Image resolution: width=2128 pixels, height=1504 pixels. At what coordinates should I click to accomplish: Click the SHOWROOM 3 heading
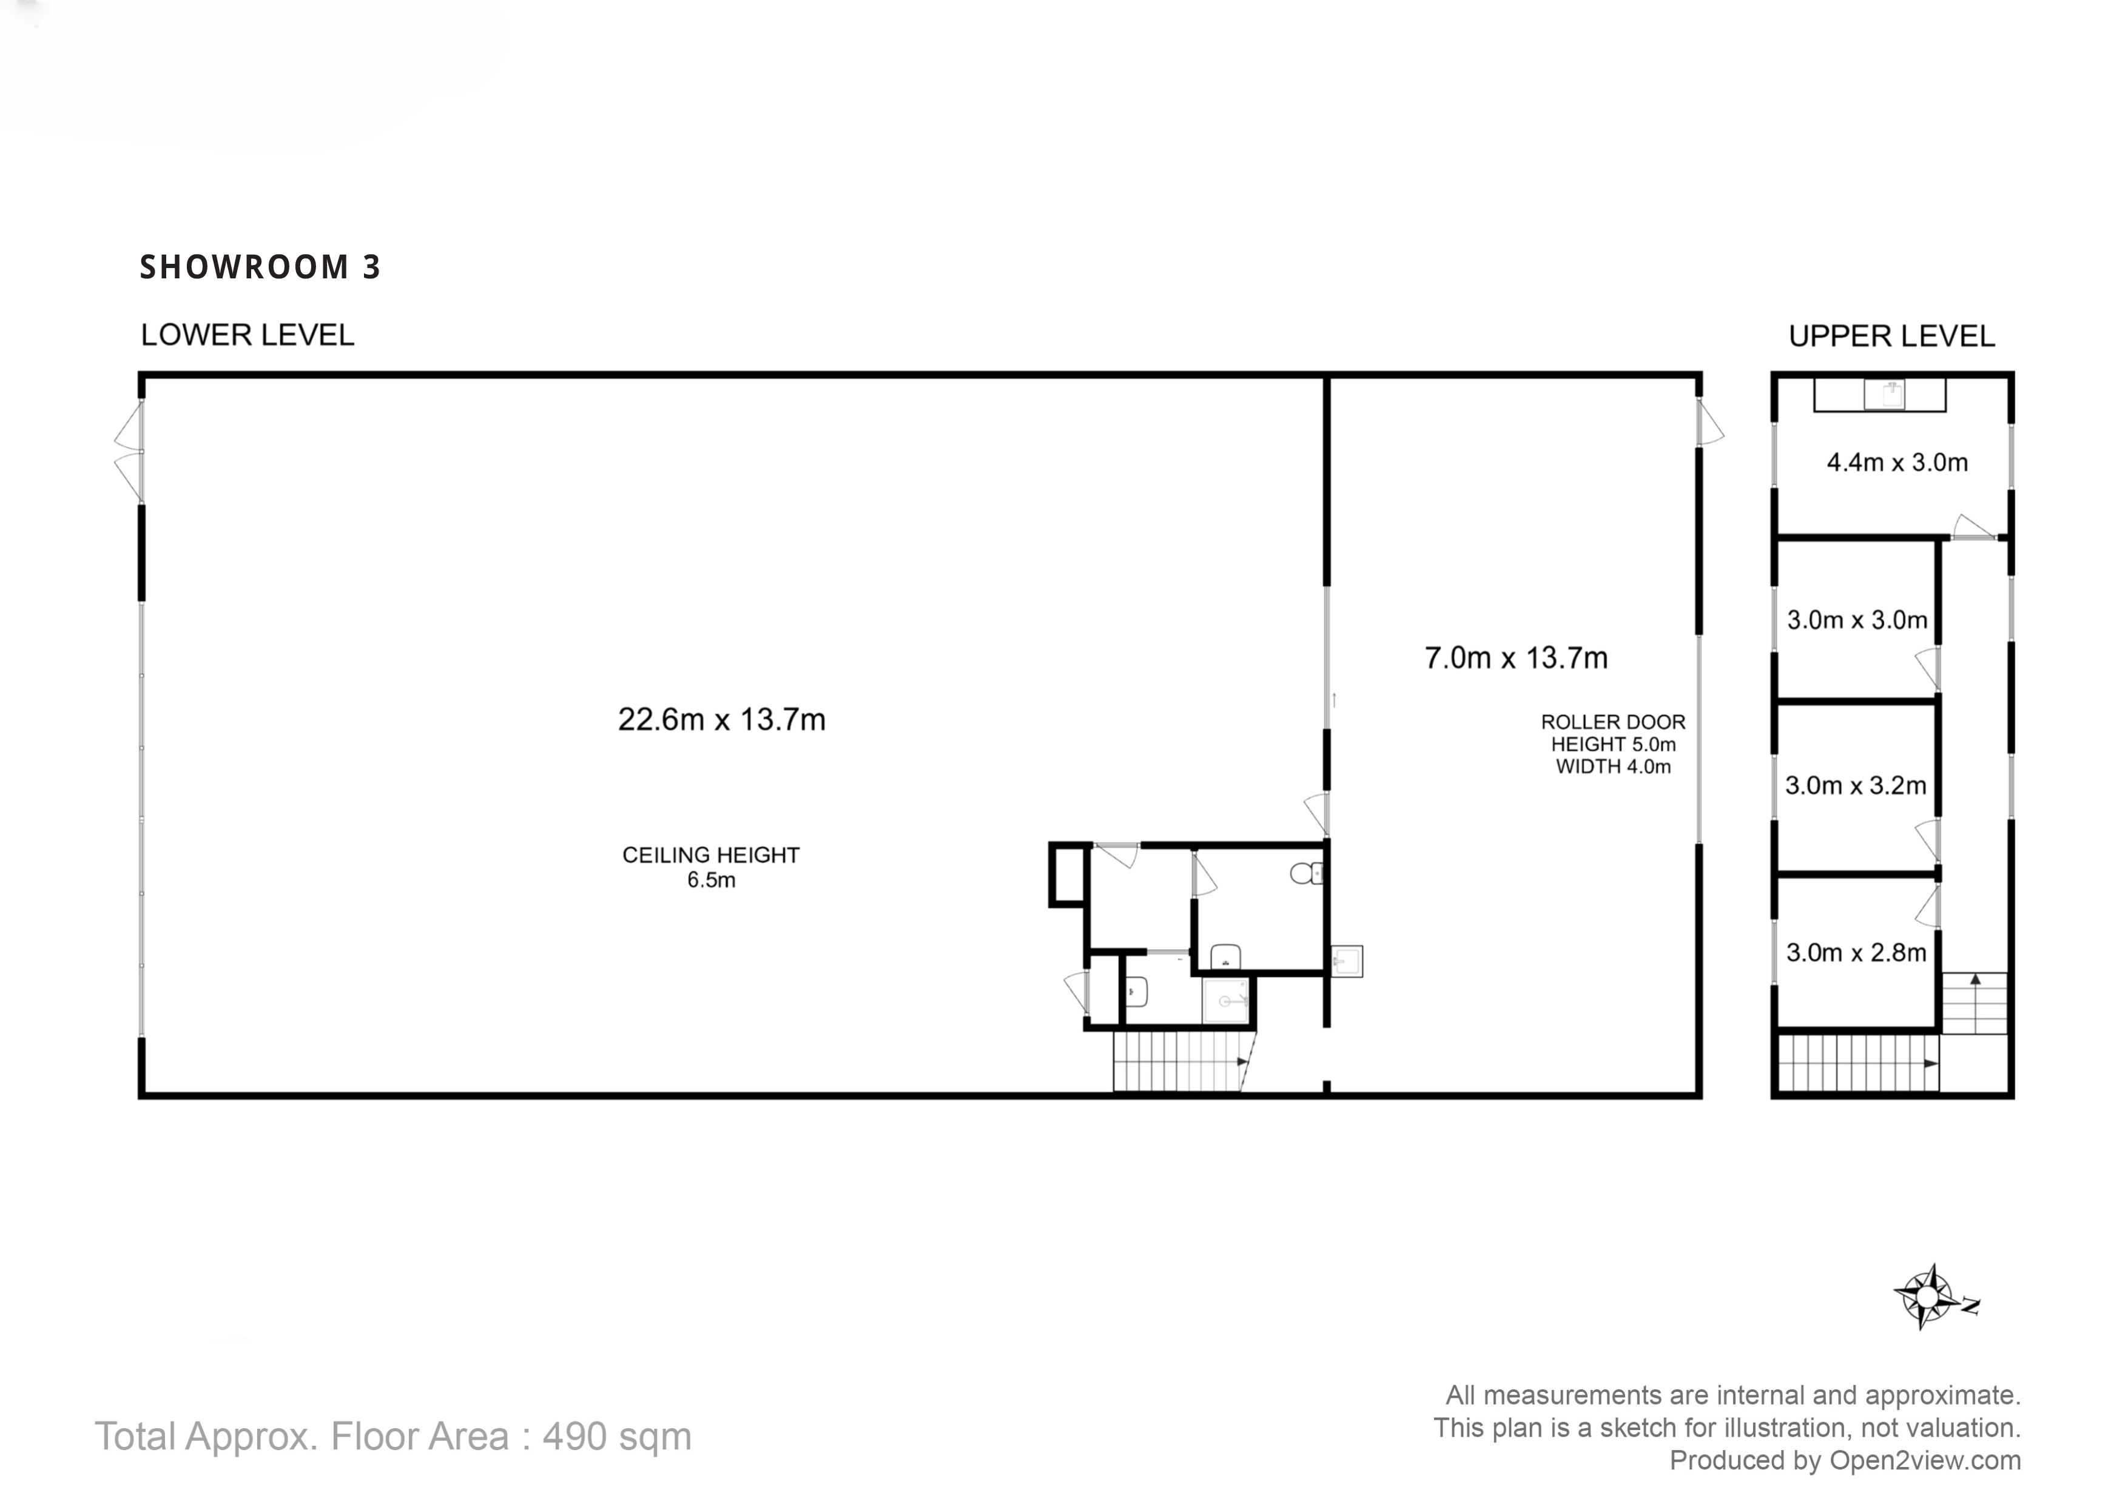coord(260,267)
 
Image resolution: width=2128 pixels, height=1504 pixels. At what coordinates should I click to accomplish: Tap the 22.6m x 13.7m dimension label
coord(721,720)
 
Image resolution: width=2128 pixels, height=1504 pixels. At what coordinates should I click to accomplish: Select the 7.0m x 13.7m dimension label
coord(1515,658)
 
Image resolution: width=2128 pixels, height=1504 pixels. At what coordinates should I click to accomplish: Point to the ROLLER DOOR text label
coord(1613,722)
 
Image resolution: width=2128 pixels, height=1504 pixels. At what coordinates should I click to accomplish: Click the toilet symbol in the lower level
coord(1305,873)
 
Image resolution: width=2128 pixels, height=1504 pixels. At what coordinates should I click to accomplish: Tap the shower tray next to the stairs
coord(1225,1001)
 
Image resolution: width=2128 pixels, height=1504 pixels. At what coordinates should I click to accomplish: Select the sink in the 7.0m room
coord(1347,961)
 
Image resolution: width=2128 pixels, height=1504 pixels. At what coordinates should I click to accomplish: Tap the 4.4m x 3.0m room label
coord(1896,462)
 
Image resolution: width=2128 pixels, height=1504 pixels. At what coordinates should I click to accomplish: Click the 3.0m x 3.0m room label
coord(1856,620)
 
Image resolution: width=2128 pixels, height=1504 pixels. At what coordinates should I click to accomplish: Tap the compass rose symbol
coord(1928,1295)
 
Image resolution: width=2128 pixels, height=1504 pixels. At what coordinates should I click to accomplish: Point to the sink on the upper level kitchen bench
coord(1884,395)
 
